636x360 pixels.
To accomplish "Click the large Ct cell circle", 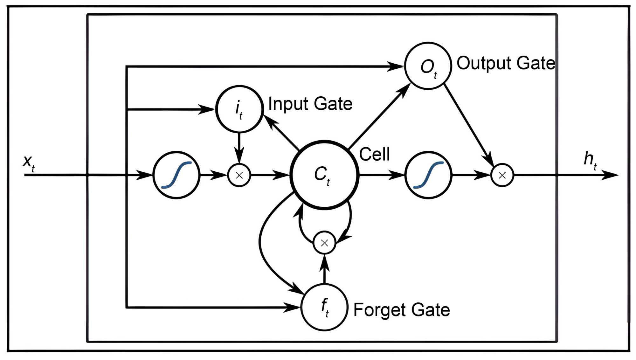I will pyautogui.click(x=324, y=175).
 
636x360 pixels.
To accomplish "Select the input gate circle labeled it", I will pyautogui.click(x=239, y=109).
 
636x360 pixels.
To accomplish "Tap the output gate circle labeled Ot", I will pyautogui.click(x=428, y=66).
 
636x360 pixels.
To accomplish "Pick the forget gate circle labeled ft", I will pyautogui.click(x=324, y=307).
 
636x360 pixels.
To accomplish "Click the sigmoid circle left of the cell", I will pyautogui.click(x=176, y=175).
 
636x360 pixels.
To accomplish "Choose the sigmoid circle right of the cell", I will pyautogui.click(x=428, y=175).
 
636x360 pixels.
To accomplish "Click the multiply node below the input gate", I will pyautogui.click(x=239, y=175).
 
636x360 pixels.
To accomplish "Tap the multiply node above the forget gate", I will pyautogui.click(x=324, y=243).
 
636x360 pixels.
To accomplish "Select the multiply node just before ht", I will pyautogui.click(x=502, y=175).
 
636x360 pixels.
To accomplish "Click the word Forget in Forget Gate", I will pyautogui.click(x=375, y=310).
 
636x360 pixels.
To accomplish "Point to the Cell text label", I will pyautogui.click(x=374, y=155).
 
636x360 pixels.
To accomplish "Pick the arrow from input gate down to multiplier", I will pyautogui.click(x=239, y=148).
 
